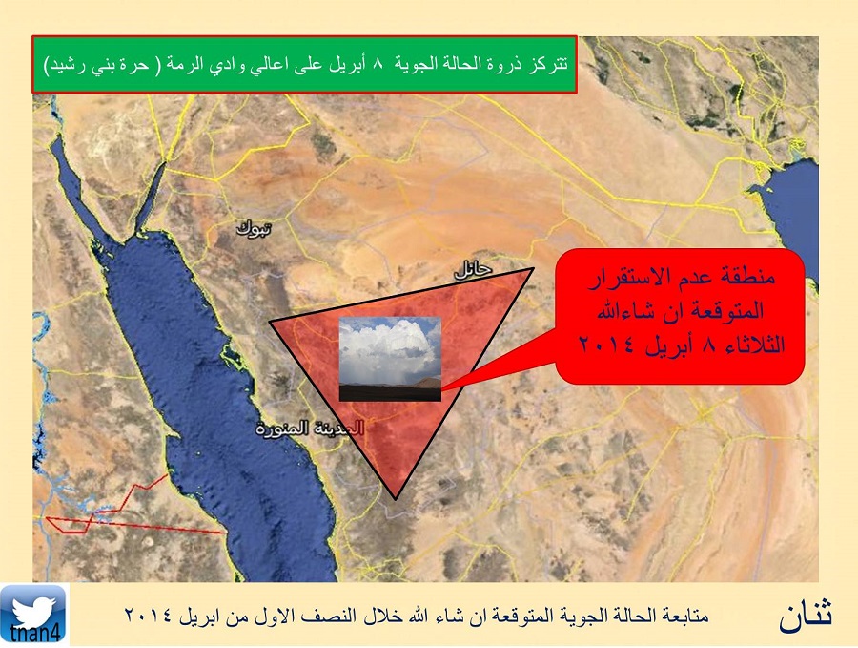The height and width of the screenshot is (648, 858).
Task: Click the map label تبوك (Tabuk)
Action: [x=254, y=228]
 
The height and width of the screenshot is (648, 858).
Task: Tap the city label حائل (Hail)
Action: [x=473, y=268]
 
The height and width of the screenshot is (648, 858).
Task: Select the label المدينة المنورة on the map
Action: [x=310, y=429]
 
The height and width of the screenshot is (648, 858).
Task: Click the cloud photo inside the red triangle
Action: [x=390, y=359]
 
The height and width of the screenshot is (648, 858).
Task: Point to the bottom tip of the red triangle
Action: [x=396, y=499]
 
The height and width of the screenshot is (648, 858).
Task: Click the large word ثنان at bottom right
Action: [x=806, y=615]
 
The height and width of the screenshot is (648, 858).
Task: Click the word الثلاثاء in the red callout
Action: [x=753, y=345]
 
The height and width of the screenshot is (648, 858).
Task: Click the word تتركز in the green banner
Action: [x=550, y=64]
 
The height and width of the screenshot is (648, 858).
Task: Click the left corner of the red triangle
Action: [x=270, y=322]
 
